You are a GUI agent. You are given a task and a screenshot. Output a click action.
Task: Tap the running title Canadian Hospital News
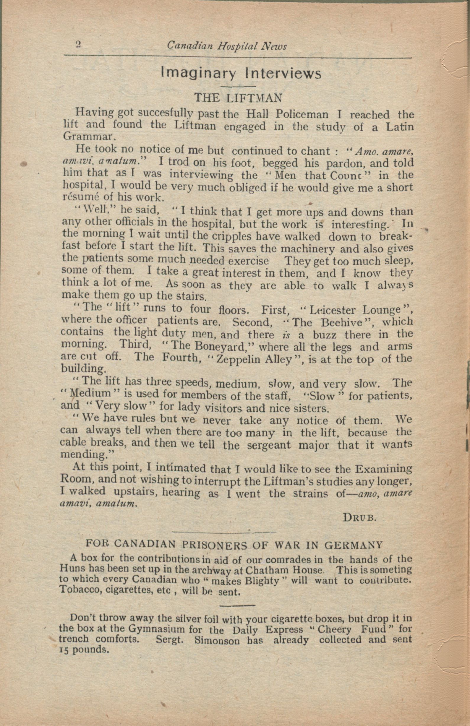(227, 46)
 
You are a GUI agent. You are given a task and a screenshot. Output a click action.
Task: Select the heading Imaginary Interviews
(241, 74)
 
